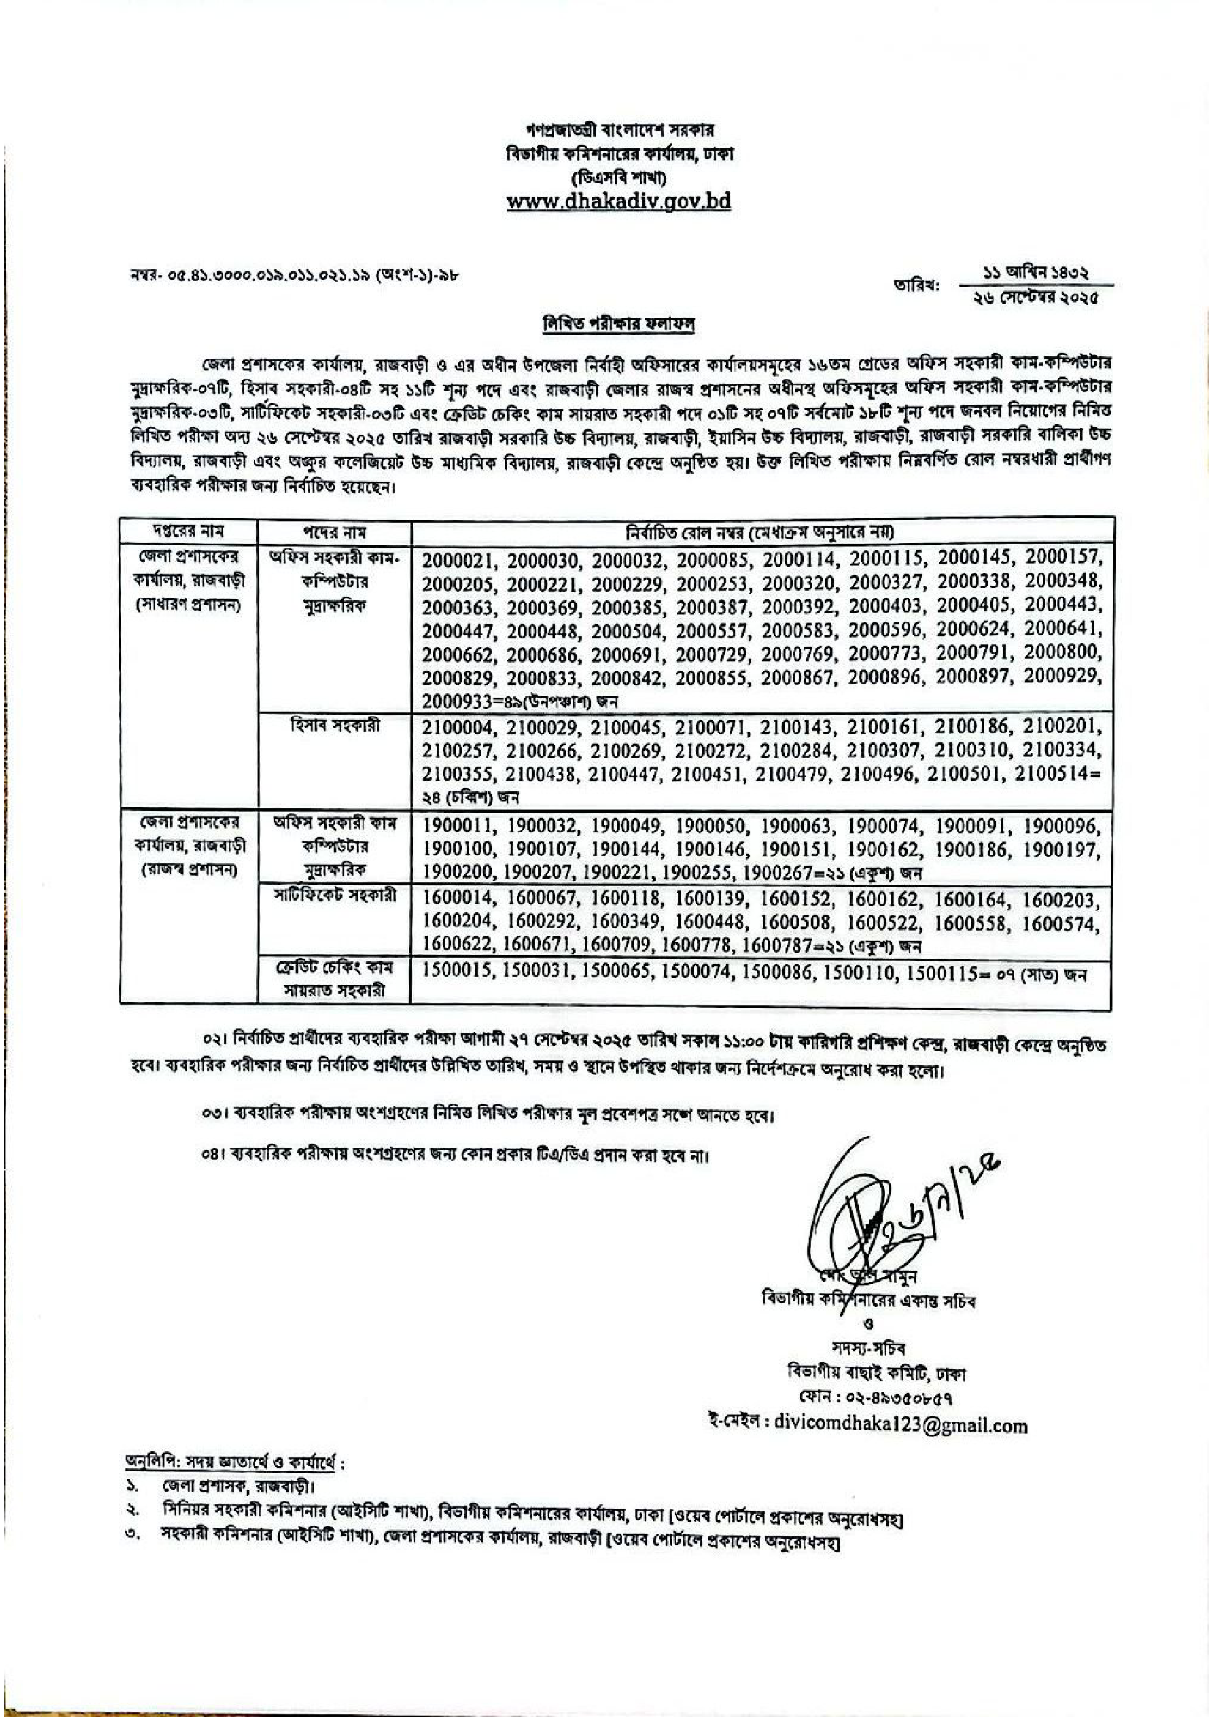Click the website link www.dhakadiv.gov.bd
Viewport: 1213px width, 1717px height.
pyautogui.click(x=618, y=201)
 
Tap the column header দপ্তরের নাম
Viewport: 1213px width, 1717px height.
pyautogui.click(x=188, y=532)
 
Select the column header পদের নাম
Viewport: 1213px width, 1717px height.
pyautogui.click(x=334, y=532)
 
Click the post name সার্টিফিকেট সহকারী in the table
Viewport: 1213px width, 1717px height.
pyautogui.click(x=334, y=896)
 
